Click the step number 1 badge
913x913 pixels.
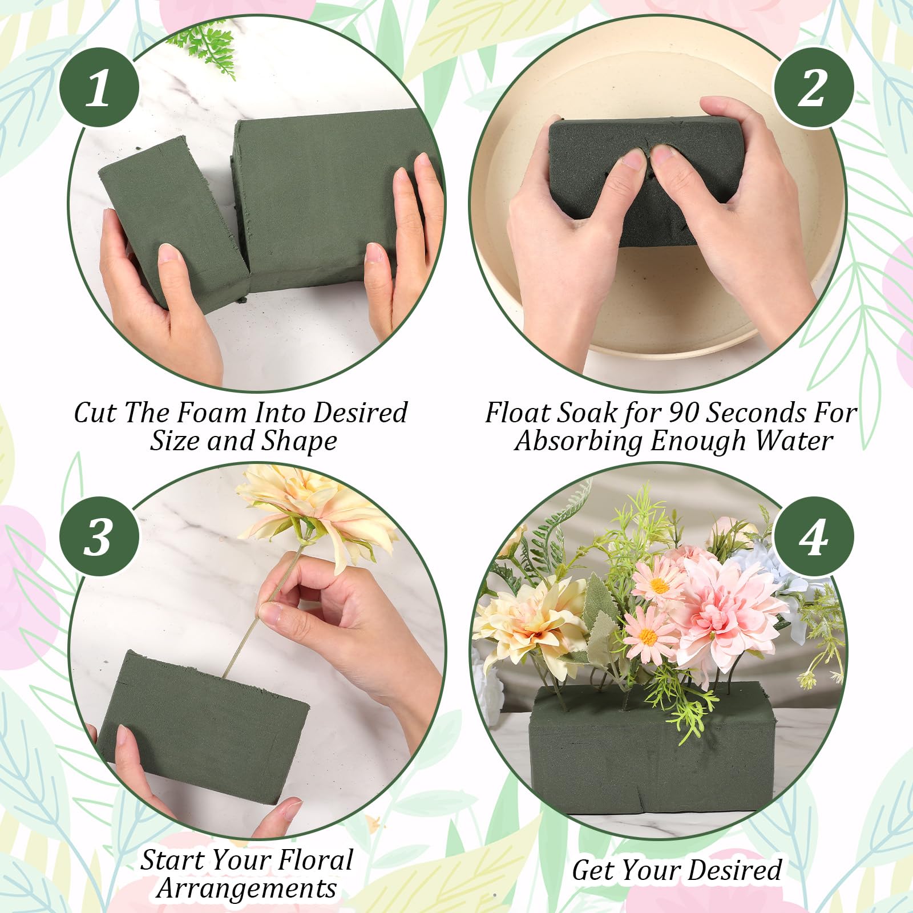coord(99,87)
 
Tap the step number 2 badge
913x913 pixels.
coord(813,87)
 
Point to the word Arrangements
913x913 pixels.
coord(247,889)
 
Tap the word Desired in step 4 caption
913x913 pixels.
coord(734,871)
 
